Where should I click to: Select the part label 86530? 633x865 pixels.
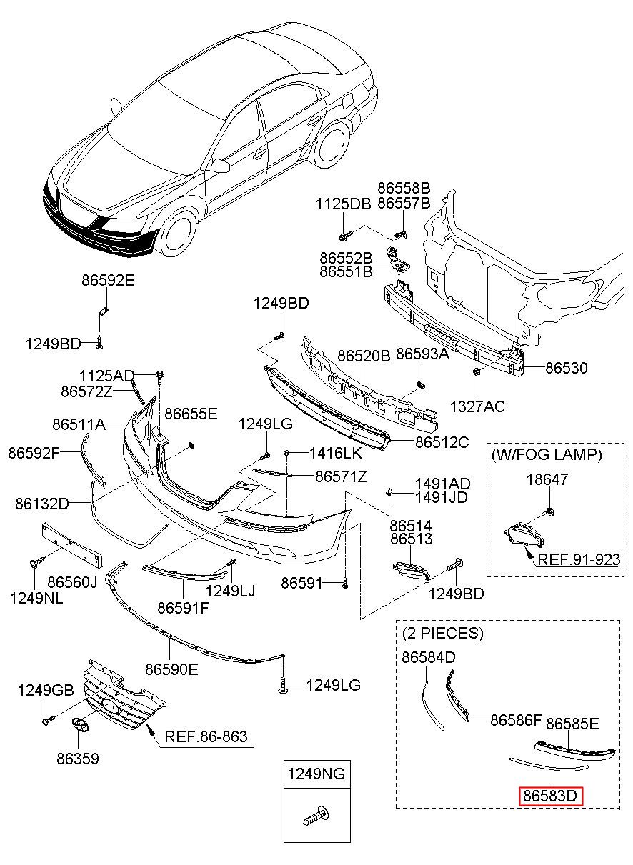(x=566, y=368)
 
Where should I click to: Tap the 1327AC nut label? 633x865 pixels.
(x=478, y=406)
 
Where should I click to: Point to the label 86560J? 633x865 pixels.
(x=72, y=582)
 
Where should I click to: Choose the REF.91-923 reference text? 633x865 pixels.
(x=579, y=559)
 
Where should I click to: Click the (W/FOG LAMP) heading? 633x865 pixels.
(x=547, y=455)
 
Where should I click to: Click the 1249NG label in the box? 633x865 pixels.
(x=316, y=774)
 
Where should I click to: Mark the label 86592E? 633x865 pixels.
(x=108, y=280)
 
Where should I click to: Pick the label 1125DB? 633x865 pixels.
(x=344, y=204)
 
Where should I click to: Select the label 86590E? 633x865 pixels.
(x=172, y=669)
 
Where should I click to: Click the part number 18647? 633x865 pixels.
(x=547, y=479)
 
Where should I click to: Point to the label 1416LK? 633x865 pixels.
(x=336, y=453)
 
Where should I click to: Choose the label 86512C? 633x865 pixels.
(x=442, y=442)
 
